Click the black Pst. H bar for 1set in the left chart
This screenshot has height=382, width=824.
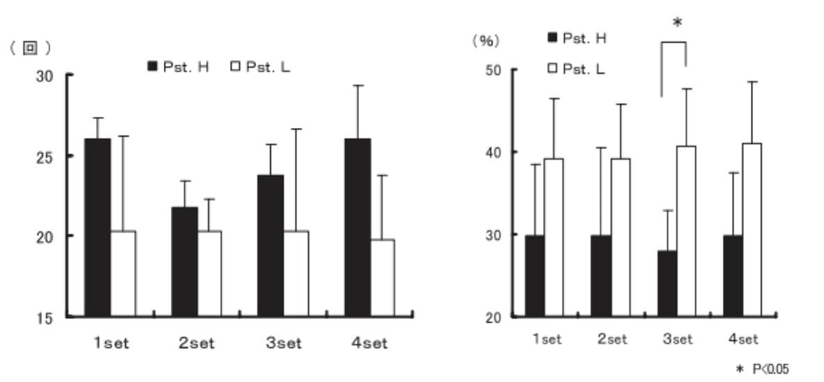click(98, 227)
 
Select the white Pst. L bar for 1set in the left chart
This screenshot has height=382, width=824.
click(123, 273)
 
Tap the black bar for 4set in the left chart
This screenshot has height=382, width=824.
click(357, 227)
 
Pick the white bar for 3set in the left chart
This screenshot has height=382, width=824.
click(296, 273)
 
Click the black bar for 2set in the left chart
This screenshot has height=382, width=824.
click(184, 261)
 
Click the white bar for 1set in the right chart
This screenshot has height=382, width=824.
click(554, 237)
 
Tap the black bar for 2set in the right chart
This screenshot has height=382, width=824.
click(601, 275)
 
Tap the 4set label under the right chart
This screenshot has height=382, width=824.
click(742, 339)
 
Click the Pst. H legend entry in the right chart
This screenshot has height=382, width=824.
click(577, 38)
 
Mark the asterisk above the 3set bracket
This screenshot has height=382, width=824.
click(677, 23)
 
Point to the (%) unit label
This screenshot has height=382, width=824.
click(486, 40)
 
